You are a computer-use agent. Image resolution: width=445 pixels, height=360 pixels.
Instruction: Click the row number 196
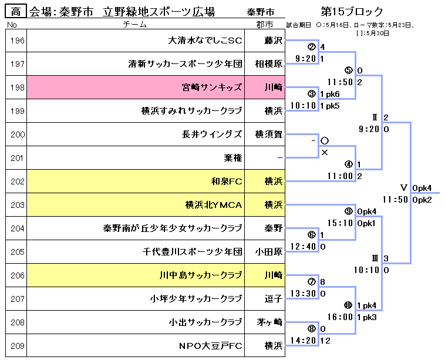[18, 41]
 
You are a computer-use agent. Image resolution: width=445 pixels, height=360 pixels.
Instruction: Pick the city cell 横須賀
[269, 134]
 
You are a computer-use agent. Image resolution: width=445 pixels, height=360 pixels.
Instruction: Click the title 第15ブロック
[352, 12]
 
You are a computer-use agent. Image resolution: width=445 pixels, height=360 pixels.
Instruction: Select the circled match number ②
[311, 46]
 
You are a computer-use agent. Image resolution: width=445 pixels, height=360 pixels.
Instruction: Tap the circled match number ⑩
[348, 305]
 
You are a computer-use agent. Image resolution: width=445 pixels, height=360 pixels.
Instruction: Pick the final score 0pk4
[422, 188]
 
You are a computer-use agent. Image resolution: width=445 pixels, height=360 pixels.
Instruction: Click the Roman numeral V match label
[403, 187]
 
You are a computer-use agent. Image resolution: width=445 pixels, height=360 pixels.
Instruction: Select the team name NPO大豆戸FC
[210, 346]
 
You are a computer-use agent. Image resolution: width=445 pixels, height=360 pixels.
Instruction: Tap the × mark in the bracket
[324, 152]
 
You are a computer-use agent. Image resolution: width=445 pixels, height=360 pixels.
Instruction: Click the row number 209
[18, 346]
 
